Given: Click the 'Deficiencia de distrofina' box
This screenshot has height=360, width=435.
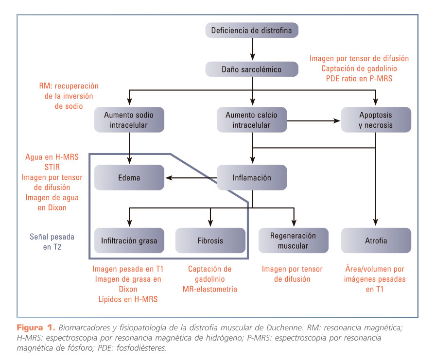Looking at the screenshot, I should pos(252,32).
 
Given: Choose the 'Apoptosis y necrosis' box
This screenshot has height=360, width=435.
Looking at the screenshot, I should pos(376,120).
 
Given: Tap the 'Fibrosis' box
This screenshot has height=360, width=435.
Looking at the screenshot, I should pos(210,240).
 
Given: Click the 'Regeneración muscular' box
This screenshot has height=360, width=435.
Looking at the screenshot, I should pos(293,240).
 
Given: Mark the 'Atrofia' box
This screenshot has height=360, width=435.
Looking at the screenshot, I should pos(376,240).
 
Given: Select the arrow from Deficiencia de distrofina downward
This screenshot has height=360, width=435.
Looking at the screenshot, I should pos(252,50).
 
